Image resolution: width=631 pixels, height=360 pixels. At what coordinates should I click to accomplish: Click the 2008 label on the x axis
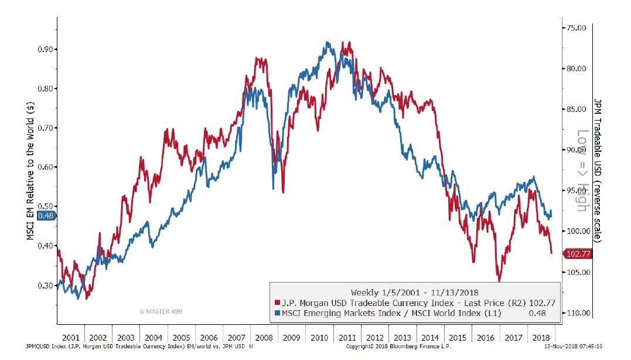[264, 338]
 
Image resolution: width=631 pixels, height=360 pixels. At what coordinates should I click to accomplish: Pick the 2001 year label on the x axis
[70, 338]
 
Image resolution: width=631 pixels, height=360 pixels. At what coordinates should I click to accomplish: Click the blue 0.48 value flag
[46, 216]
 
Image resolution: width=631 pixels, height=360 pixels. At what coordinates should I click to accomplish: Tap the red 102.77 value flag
[577, 254]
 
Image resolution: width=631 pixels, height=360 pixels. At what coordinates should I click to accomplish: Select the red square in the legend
[276, 303]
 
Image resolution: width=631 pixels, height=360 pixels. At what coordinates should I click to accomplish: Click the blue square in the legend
[276, 314]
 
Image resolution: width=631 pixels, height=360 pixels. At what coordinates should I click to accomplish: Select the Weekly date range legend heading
[414, 292]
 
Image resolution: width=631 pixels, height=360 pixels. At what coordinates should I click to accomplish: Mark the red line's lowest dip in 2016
[499, 280]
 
